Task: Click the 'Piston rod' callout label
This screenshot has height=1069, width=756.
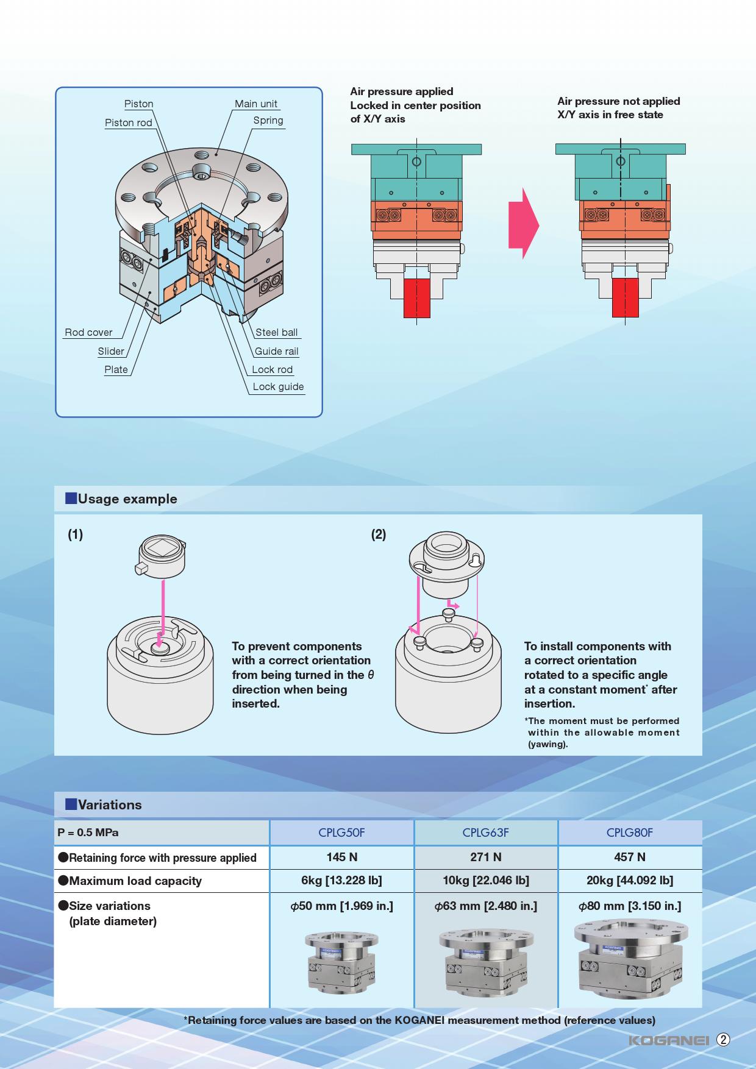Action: pos(129,123)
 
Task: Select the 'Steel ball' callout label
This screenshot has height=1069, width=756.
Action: pos(277,332)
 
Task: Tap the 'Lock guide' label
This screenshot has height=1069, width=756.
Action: pos(278,386)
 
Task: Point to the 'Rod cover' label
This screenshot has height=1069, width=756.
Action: pos(88,332)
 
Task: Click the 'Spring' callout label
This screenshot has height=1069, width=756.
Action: pos(268,120)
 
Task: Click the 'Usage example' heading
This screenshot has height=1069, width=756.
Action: pos(127,499)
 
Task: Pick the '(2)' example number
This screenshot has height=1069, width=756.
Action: pos(379,534)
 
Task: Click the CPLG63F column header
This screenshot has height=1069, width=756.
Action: pos(485,833)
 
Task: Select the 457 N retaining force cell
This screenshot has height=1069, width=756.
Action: pos(629,857)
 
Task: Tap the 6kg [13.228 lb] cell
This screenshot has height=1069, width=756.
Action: pos(341,880)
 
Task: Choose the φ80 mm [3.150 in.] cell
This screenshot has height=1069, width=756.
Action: pos(629,906)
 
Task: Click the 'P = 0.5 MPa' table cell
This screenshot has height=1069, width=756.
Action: pos(88,833)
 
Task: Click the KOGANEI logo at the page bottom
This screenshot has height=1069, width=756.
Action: pos(668,1040)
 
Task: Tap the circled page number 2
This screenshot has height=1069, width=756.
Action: pos(723,1040)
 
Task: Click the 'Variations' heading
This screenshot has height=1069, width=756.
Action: pos(109,804)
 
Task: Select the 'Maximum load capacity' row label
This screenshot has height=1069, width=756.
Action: pos(135,881)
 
